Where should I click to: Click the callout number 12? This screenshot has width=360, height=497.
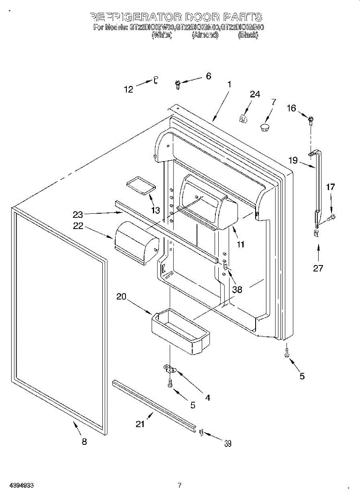(x=129, y=89)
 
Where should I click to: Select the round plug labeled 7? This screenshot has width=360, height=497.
(x=265, y=126)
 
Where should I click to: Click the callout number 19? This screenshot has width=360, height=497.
(x=293, y=160)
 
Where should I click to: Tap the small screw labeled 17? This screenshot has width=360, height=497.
(x=332, y=217)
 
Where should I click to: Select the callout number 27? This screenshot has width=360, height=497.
(x=318, y=268)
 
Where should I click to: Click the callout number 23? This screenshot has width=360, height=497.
(x=78, y=215)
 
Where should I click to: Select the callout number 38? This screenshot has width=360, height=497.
(x=237, y=290)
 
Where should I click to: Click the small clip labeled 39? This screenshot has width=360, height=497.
(x=201, y=433)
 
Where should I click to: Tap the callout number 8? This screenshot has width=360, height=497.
(x=84, y=442)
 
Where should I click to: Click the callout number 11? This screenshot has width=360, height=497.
(x=240, y=244)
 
